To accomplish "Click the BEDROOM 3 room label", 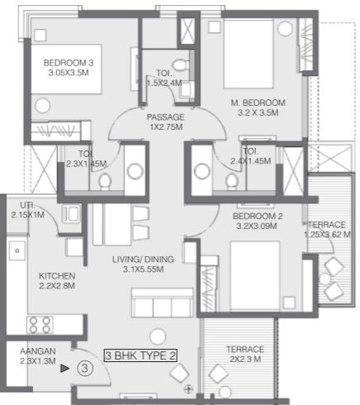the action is coord(69,63).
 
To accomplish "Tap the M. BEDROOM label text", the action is coord(258,102).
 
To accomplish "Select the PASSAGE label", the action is coord(165,117).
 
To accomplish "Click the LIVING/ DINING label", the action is coord(143,260).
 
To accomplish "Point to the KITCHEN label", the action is coord(57,276).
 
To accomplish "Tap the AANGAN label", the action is coord(38,351).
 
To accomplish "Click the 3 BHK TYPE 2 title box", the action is coord(140,355).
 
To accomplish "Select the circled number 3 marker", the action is coord(85,369).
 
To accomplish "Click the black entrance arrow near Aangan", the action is coord(64,369).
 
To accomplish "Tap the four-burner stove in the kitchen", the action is coord(40,325).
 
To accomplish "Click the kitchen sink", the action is coord(17,250).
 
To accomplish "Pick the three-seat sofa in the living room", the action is coord(163,303).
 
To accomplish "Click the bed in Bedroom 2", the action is coord(255,276).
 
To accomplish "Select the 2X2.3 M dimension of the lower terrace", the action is coord(245,360).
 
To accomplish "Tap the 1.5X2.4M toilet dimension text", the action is coord(164,83).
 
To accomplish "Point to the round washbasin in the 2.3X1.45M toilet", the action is coord(135,171).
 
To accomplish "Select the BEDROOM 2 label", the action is coord(258,216).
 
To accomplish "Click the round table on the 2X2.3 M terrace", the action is coord(225,392).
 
